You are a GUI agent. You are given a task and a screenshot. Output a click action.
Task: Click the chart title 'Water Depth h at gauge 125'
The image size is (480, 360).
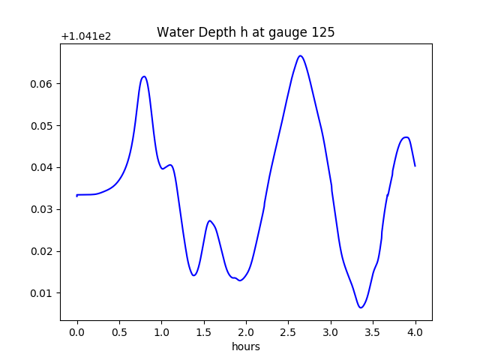[x=245, y=33]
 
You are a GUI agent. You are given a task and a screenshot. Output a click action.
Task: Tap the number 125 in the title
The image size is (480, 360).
[x=324, y=33]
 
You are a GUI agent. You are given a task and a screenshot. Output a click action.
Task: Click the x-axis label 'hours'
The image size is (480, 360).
[x=245, y=346]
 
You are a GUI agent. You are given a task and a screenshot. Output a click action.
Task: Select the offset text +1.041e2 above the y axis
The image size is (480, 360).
[x=86, y=36]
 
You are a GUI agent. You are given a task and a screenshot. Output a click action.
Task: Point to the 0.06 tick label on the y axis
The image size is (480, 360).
[x=43, y=83]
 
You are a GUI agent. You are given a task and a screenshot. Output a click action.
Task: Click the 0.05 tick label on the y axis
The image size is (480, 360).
[x=43, y=125]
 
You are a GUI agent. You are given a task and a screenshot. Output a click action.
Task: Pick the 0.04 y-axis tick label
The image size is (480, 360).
[x=43, y=167]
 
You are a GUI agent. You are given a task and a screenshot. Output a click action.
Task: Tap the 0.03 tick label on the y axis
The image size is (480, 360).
[x=43, y=209]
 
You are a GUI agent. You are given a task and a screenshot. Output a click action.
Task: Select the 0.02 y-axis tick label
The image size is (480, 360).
[x=43, y=251]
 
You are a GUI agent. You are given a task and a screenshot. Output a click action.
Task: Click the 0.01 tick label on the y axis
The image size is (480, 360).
[x=43, y=293]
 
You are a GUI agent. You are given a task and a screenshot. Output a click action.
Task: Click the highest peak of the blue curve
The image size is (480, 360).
[x=300, y=55]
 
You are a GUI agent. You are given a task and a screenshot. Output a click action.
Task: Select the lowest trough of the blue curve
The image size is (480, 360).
[x=361, y=307]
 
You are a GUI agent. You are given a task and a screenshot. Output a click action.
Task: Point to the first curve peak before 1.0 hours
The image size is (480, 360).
[x=144, y=76]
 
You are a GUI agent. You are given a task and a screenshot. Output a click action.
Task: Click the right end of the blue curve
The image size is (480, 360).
[x=415, y=166]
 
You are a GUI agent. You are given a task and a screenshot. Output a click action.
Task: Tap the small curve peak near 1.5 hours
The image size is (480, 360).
[x=210, y=220]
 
